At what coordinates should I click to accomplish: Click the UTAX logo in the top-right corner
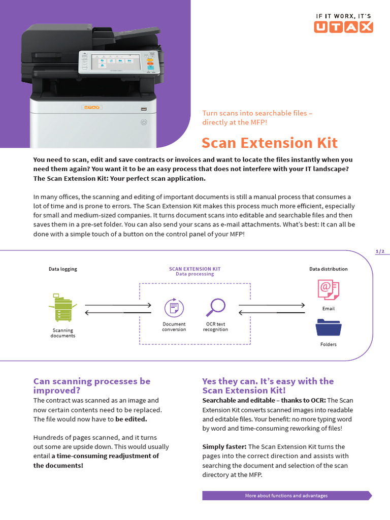coord(343,23)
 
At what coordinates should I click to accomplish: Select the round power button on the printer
coord(144,122)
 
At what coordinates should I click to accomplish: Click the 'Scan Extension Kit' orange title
coord(269,143)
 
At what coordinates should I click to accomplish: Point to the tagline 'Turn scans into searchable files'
coord(257,113)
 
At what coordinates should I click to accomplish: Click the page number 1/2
coord(380,251)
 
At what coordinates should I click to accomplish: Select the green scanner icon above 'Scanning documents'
coord(62,308)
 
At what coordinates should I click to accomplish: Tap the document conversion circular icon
coord(174,308)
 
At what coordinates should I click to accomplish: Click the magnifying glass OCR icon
coord(215,307)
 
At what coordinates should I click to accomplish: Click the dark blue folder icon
coord(328,327)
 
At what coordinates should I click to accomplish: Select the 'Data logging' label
coord(63,269)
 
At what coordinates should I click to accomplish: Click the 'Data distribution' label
coord(329,269)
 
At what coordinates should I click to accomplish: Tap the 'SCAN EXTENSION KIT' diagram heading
coord(194,269)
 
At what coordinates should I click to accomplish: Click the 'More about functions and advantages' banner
coord(286,496)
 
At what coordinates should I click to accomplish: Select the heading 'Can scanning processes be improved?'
coord(92,385)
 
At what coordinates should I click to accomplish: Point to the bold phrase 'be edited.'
coord(131,419)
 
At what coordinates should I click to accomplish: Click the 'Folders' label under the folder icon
coord(329,344)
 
